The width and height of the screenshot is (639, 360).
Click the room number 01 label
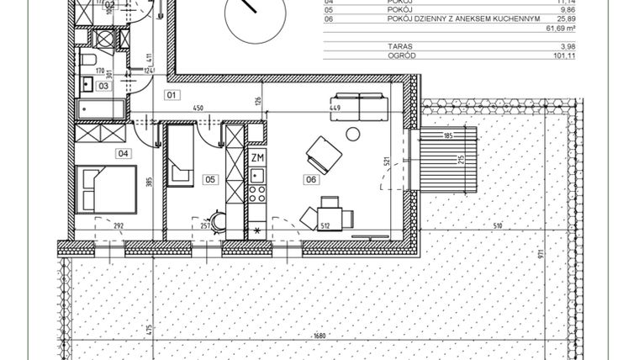coord(172,94)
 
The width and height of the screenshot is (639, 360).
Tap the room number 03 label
coord(103,85)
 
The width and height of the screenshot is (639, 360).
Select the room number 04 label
coord(124,153)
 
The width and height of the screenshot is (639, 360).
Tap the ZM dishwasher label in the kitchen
coord(257,156)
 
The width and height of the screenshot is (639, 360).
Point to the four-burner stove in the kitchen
coord(257,193)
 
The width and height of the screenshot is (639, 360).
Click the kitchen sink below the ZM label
coord(257,175)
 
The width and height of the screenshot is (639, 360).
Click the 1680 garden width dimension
coord(317,336)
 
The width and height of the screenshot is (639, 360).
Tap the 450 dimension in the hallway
coord(198,109)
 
